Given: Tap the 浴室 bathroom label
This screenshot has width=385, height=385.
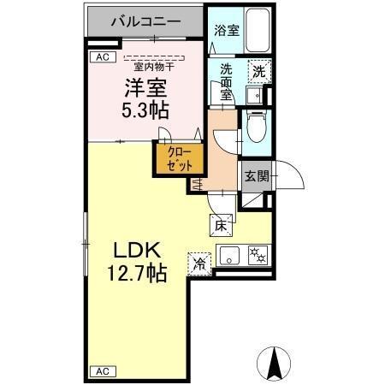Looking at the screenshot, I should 227,29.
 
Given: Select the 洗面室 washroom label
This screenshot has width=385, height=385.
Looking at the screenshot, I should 226,82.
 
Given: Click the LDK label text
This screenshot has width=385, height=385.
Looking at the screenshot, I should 138,252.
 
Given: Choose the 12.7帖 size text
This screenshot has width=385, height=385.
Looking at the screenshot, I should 137,274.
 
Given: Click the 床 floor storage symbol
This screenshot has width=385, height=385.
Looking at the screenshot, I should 219,226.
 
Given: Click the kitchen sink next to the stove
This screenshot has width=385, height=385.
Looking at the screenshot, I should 229,254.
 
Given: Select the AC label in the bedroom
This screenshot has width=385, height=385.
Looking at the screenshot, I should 101,57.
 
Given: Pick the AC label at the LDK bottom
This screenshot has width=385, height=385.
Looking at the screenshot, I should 101,371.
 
